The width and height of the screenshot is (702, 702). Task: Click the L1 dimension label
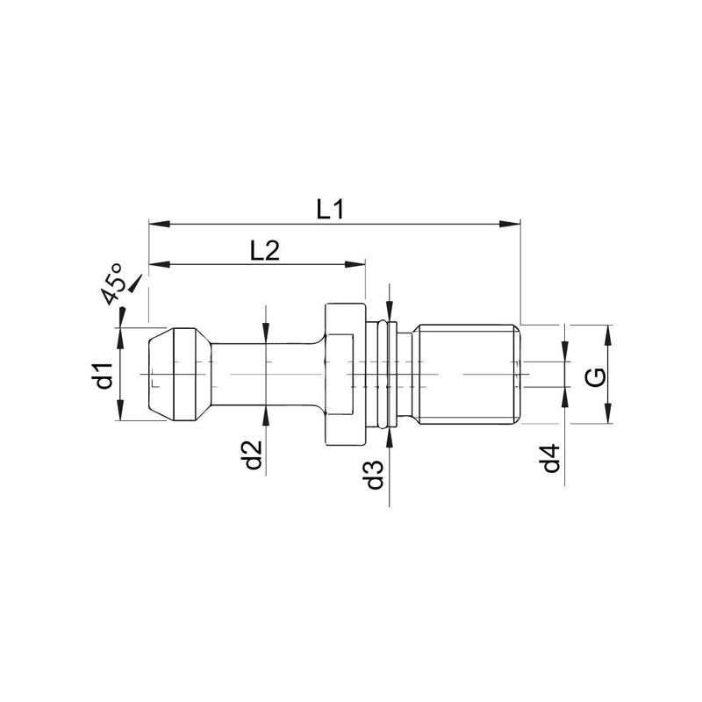coord(330,210)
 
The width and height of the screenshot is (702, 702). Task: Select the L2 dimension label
coord(265,251)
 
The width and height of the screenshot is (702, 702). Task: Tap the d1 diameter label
coord(104,376)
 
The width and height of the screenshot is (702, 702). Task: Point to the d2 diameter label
coord(254,455)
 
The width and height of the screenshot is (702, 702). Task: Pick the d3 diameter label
coord(376,474)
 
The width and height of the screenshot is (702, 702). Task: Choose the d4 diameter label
coord(552,458)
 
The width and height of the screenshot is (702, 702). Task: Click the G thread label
coord(596,377)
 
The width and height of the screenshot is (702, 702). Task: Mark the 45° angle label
coord(113,283)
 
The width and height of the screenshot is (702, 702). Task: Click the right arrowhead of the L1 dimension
coord(510,223)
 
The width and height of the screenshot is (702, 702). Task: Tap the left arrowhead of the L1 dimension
coord(160,223)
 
